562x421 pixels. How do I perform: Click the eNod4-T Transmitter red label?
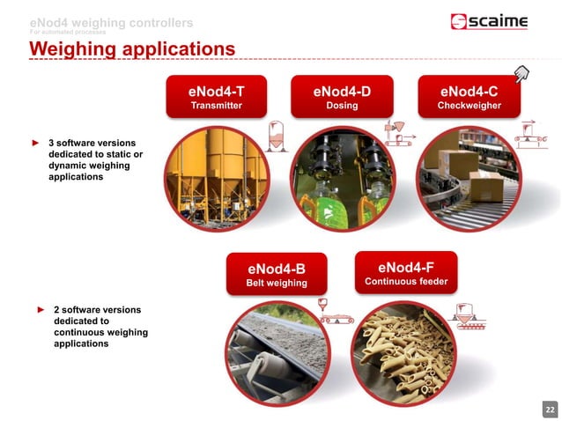point(216,97)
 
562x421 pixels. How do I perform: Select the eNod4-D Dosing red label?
point(341,97)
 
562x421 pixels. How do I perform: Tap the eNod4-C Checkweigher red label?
point(469,97)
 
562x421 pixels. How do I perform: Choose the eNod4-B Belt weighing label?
point(276,275)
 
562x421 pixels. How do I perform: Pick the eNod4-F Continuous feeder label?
point(406,273)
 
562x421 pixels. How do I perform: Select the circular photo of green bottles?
point(342,174)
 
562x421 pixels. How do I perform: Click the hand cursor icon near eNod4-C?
point(521,74)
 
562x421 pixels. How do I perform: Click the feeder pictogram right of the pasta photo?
point(465,315)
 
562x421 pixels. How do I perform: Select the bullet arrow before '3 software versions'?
point(36,142)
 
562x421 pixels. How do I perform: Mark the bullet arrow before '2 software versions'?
point(41,310)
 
